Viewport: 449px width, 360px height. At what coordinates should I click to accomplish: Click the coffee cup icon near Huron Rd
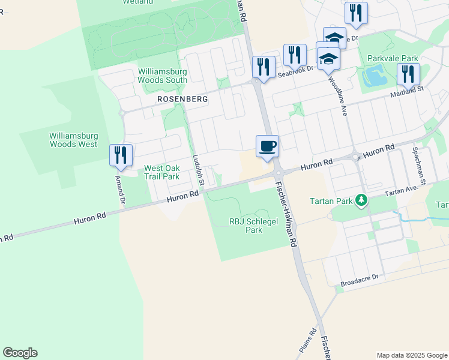tap(268, 146)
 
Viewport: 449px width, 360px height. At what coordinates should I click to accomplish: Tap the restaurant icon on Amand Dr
tap(121, 155)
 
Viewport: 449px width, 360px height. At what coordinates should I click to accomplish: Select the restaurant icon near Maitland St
tap(408, 74)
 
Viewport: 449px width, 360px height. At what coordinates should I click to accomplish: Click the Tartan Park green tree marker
tap(361, 200)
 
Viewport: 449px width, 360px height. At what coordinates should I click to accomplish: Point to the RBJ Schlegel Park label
tap(246, 225)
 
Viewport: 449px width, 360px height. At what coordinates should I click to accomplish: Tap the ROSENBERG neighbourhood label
tap(182, 98)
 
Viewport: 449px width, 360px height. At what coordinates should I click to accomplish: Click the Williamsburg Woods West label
tap(73, 140)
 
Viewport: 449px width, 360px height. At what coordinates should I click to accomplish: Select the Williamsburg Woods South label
tap(163, 75)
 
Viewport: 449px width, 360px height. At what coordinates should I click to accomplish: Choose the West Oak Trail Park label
tap(162, 172)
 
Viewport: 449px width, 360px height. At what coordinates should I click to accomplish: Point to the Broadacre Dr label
tap(360, 278)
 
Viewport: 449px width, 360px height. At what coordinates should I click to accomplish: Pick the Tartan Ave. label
tap(401, 191)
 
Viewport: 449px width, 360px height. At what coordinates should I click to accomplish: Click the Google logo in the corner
tap(20, 353)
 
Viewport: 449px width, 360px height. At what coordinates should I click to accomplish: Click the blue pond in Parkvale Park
tap(375, 76)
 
